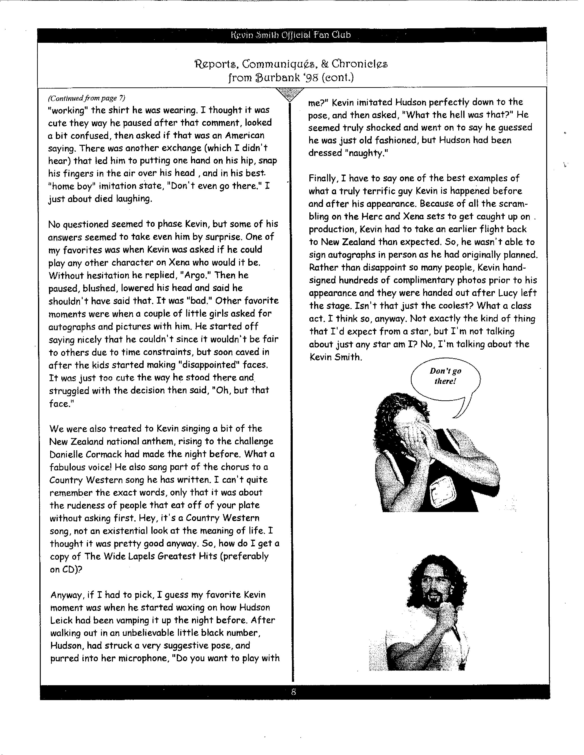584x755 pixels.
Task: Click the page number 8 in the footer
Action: point(293,692)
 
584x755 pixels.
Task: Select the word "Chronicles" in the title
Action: point(360,64)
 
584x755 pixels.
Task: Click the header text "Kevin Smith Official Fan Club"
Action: point(291,35)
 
